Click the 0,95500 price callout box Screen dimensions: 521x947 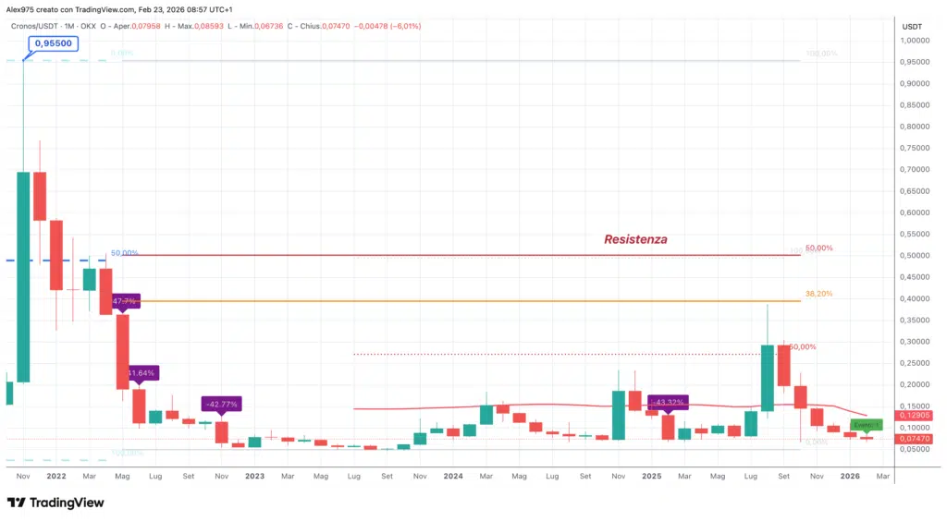click(52, 42)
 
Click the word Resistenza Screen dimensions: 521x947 click(635, 239)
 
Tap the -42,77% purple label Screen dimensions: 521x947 click(222, 404)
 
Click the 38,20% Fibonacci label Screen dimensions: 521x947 click(818, 294)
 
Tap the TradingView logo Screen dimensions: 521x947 click(55, 503)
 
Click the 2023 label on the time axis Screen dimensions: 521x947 click(254, 477)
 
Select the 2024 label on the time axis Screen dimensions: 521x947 click(452, 477)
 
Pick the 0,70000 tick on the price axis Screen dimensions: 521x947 click(916, 170)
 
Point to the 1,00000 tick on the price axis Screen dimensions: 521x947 click(916, 41)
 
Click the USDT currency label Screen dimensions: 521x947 click(912, 26)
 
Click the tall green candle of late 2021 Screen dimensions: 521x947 click(23, 276)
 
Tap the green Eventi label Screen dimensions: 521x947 click(867, 425)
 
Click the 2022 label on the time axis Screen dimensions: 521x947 click(55, 477)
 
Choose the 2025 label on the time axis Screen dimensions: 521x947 click(651, 477)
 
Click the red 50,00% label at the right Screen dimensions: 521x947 click(818, 248)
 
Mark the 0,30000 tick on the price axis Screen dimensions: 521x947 click(916, 342)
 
